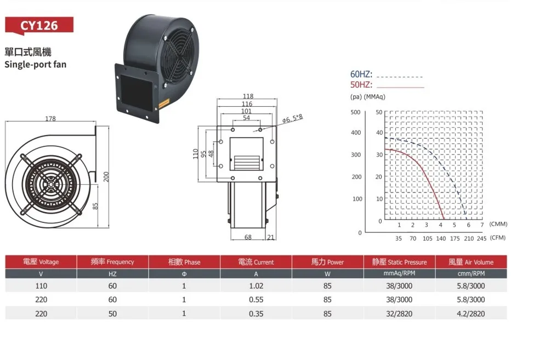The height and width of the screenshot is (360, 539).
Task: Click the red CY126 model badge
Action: coord(39,25)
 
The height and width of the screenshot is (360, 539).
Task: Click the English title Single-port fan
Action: coord(36,65)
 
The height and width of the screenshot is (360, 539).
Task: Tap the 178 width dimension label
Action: coord(50,118)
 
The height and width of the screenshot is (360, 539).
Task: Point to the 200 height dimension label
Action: coord(106,176)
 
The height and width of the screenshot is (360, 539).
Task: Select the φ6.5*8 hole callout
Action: coord(293,118)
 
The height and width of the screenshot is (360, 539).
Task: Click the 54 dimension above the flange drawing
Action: coord(246,118)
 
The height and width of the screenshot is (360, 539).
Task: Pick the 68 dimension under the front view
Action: coord(248,237)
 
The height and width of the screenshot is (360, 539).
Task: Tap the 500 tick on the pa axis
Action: coord(355,112)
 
